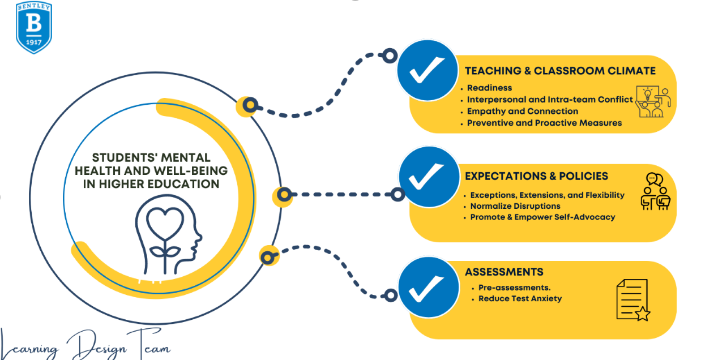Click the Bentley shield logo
click(34, 28)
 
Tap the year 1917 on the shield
click(34, 42)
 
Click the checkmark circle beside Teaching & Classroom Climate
click(428, 70)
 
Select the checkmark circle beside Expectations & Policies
click(429, 177)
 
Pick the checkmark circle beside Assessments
click(429, 288)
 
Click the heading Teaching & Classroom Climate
click(560, 71)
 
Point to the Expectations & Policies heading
click(536, 176)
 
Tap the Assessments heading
click(504, 272)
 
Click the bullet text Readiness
click(489, 88)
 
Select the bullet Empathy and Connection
click(523, 112)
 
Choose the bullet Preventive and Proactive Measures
click(545, 123)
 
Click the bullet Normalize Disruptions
click(515, 206)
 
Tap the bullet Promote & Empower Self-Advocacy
click(542, 217)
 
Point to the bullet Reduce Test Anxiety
click(520, 299)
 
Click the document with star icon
click(633, 300)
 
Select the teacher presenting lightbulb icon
click(653, 102)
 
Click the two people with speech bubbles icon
click(655, 191)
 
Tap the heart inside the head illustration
click(165, 222)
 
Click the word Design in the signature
click(97, 346)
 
